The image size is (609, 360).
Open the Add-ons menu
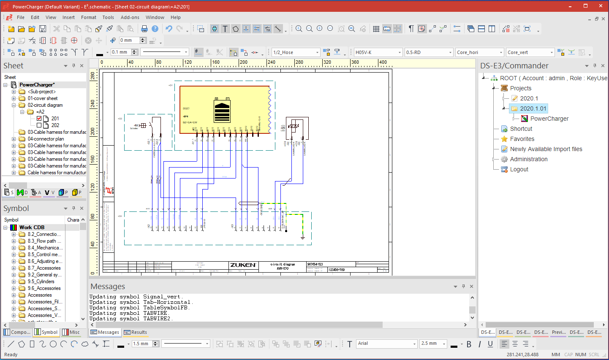coord(130,17)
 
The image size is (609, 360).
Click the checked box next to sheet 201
coord(39,119)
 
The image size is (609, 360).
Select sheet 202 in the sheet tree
coord(55,125)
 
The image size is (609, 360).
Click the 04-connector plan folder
coord(46,139)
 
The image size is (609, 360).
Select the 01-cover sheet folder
coord(42,98)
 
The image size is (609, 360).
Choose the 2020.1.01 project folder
coord(533,108)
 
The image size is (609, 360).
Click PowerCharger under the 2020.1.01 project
coord(549,119)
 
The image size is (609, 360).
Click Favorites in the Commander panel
coord(522,139)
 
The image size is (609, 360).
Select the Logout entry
coord(519,169)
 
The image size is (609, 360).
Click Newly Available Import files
coord(546,149)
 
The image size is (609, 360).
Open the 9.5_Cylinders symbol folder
coord(41,282)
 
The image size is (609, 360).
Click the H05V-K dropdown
coord(378,52)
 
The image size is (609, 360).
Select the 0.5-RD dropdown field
coord(428,52)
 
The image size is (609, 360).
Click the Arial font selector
coord(386,344)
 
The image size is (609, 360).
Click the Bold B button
coord(469,344)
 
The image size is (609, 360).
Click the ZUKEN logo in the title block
coord(243,265)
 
